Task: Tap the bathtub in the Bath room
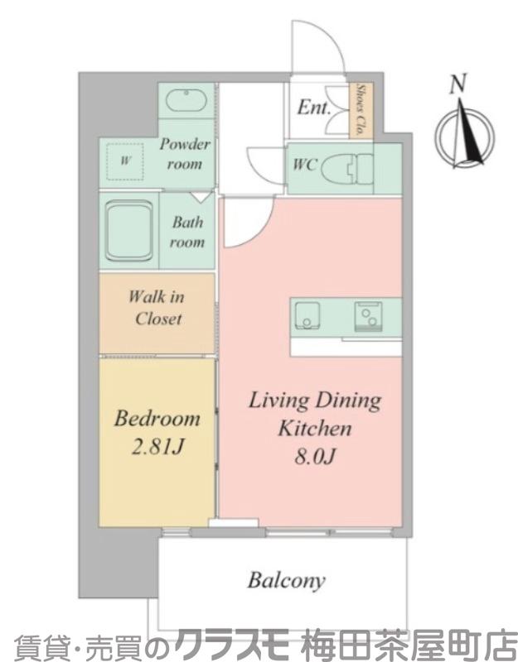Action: (x=129, y=231)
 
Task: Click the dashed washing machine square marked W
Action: (x=125, y=161)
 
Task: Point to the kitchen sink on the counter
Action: (x=307, y=315)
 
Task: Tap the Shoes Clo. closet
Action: (x=361, y=110)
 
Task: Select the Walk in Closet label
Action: (x=157, y=308)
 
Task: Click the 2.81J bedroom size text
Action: (x=157, y=446)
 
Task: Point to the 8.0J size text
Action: (x=315, y=456)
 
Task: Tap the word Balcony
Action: (x=286, y=581)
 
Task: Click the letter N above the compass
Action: (x=458, y=84)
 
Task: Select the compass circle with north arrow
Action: (x=465, y=135)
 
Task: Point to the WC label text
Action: (x=305, y=164)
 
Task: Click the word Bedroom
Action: (x=157, y=419)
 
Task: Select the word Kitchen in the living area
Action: (x=315, y=428)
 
